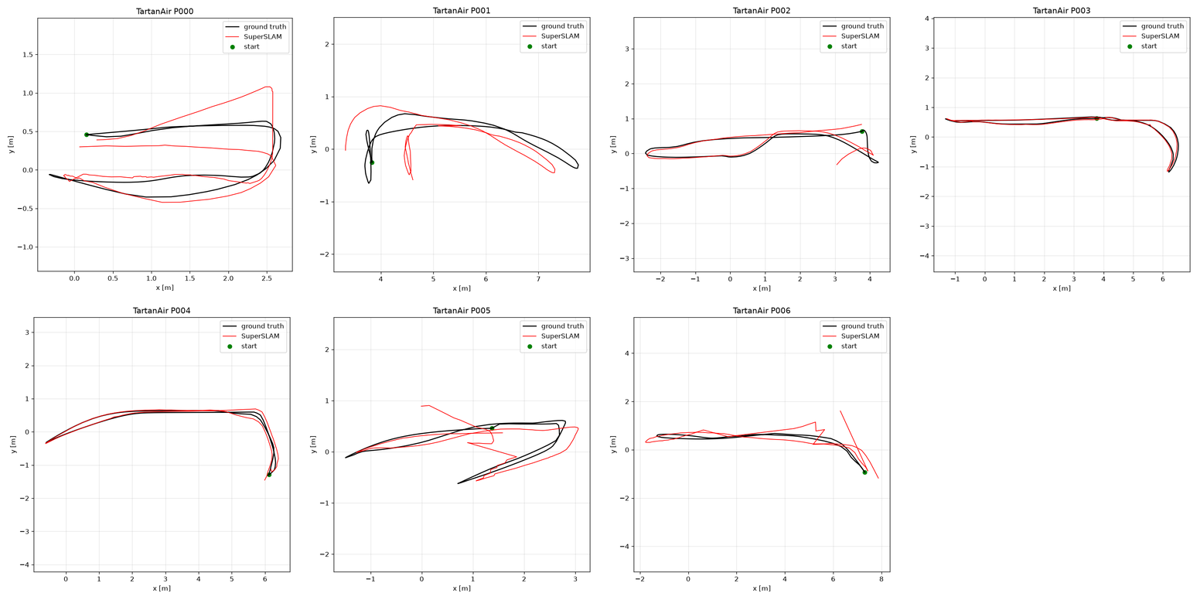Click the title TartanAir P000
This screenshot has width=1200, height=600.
(165, 11)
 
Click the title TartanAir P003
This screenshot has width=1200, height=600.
(1062, 10)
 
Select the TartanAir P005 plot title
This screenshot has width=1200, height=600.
(462, 310)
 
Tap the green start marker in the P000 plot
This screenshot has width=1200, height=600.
(87, 135)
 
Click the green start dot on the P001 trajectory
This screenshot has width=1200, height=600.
(372, 162)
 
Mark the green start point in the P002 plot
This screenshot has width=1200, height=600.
(862, 131)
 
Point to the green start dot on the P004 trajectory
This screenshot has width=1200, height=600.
(269, 475)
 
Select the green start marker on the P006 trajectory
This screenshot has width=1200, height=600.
(864, 472)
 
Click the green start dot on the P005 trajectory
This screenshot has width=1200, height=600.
(492, 428)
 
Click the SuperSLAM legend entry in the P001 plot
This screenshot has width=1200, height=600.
(560, 36)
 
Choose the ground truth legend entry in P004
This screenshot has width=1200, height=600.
(262, 326)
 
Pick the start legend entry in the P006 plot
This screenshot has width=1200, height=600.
(848, 346)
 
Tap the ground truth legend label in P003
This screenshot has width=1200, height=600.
(1162, 26)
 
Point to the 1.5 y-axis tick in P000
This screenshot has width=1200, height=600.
(27, 55)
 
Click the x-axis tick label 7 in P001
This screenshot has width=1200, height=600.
(538, 278)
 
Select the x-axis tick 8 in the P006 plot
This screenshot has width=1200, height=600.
(881, 578)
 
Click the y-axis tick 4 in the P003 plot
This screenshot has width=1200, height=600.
(926, 19)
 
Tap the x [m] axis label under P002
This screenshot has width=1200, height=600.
(762, 288)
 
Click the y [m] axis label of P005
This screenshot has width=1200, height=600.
(313, 444)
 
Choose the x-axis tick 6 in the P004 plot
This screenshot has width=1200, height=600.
(264, 578)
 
